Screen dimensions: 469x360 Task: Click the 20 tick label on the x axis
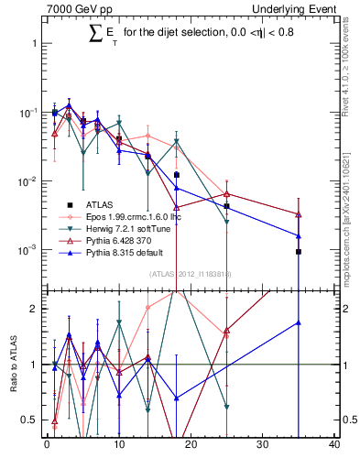point(191,445)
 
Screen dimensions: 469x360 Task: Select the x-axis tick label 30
point(262,445)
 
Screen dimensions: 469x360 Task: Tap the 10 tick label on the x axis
point(118,445)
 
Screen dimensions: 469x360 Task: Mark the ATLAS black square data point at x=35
point(299,251)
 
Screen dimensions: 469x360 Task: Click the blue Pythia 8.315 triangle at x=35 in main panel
point(299,235)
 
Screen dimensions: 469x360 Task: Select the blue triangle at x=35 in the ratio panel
point(299,322)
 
